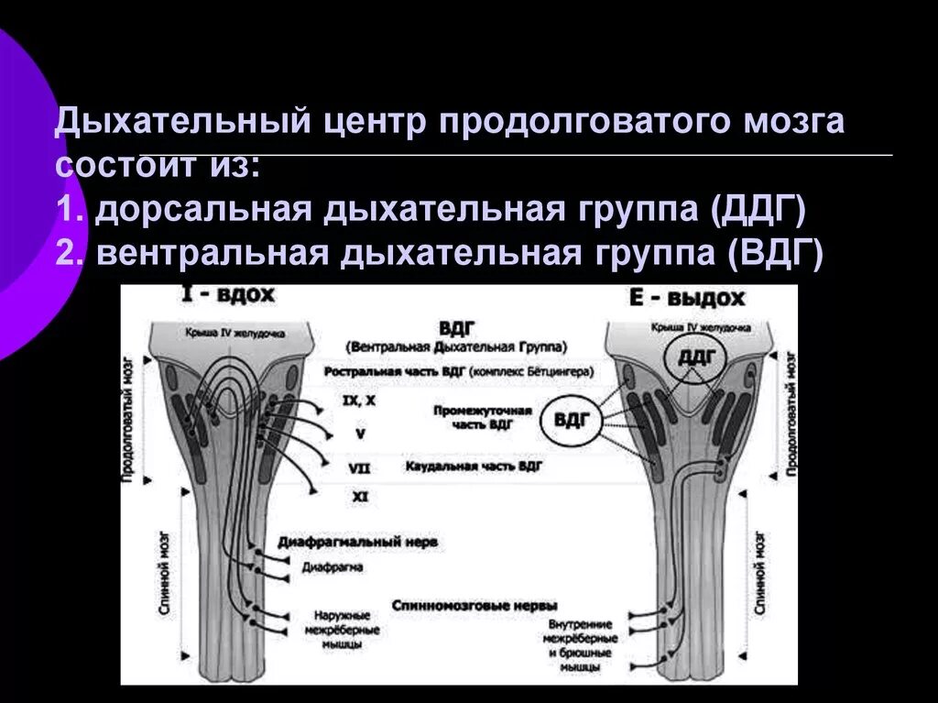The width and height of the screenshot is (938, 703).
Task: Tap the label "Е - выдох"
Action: (x=686, y=299)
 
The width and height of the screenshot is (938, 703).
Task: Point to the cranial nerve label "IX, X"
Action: (x=357, y=401)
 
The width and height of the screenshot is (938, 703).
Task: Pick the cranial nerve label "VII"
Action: (x=359, y=467)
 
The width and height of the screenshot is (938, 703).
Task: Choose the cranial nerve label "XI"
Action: (x=359, y=496)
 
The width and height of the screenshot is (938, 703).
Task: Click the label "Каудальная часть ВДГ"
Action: (x=474, y=466)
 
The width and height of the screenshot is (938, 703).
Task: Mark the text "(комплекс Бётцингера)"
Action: (x=530, y=373)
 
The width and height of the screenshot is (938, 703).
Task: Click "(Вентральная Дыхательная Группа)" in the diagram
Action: (x=456, y=347)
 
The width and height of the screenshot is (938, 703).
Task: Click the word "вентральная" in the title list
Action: (x=212, y=252)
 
